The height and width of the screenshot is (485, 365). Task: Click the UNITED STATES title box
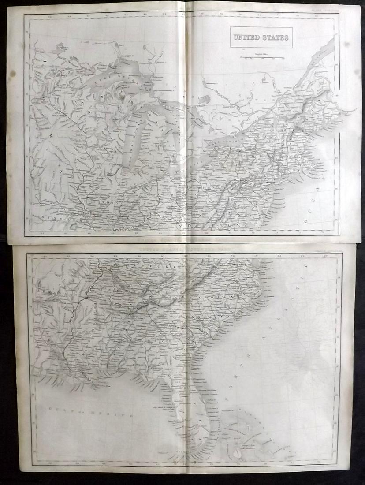click(x=261, y=37)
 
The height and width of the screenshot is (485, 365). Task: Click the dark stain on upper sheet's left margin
click(x=13, y=73)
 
